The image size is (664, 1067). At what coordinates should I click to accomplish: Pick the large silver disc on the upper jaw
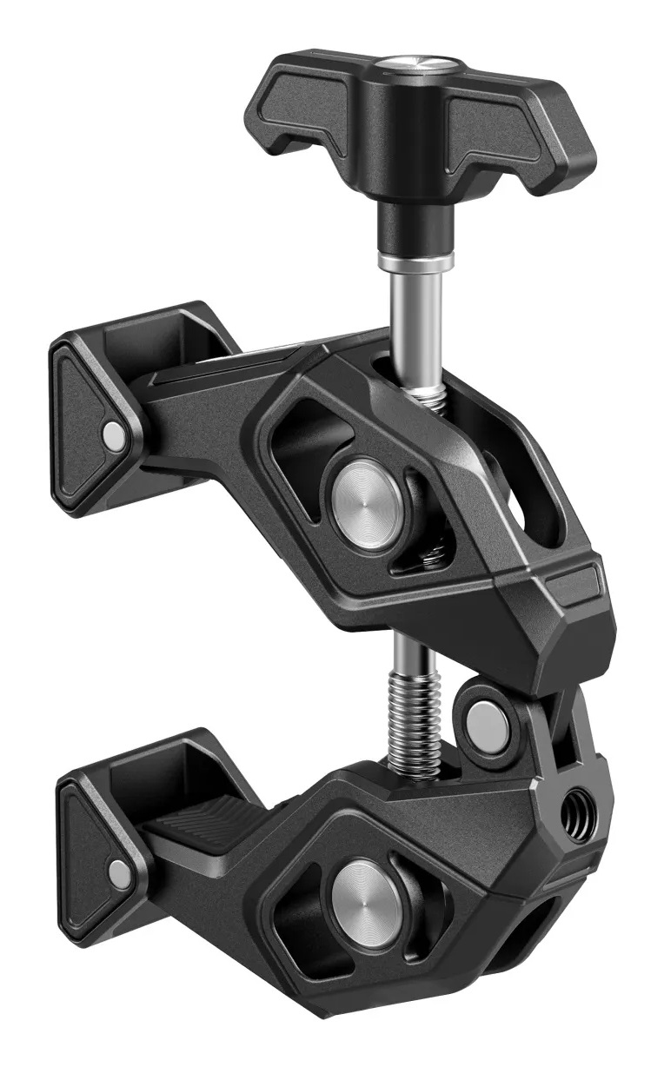click(364, 496)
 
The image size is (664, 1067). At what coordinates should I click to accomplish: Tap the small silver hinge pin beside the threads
click(487, 719)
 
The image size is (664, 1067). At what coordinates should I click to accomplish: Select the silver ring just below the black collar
click(415, 260)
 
